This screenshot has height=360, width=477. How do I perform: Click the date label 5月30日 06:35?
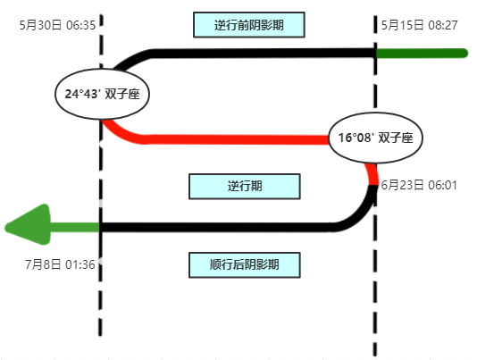coord(56,25)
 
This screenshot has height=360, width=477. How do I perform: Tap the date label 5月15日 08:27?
coord(419,25)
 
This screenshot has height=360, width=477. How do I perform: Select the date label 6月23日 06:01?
coord(418,185)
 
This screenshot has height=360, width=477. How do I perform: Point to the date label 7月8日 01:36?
coord(60,264)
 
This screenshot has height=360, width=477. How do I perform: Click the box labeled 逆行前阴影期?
coord(249,24)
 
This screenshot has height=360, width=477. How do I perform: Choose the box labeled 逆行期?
coord(245,186)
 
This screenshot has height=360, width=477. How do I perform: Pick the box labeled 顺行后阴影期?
coord(244,264)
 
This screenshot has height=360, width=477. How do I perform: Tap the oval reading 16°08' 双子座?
coord(375,138)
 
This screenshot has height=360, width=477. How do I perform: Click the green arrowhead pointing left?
coord(27,226)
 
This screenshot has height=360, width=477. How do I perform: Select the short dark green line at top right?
coord(421,54)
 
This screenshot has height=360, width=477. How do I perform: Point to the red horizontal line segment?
coord(241,139)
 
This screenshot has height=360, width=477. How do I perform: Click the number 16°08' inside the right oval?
coord(356,138)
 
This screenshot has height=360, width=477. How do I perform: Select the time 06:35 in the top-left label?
coord(80,25)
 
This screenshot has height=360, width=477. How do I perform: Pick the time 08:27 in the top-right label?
coord(443,25)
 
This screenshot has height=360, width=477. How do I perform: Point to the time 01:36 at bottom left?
coord(80,264)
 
